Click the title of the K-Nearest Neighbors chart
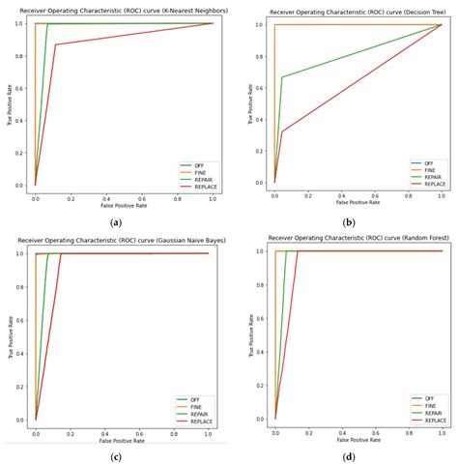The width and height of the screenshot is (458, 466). pos(119,10)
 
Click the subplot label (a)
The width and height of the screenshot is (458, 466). pos(116,221)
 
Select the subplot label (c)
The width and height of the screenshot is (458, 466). pos(116,454)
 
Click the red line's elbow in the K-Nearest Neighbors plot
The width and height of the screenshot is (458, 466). pos(56,44)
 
